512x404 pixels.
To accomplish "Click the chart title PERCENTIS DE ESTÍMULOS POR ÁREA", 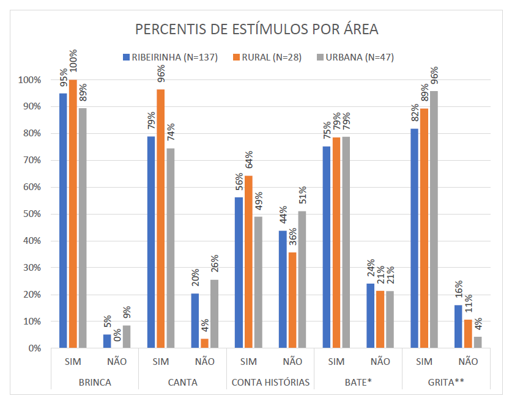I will (x=256, y=29).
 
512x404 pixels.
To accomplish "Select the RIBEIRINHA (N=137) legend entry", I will (x=163, y=57).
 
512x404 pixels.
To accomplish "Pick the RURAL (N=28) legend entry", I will (x=264, y=57).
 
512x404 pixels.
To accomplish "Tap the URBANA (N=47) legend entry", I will (x=354, y=57).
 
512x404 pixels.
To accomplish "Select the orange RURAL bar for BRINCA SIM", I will (x=73, y=214).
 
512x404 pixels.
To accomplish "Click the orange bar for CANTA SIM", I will (x=161, y=219).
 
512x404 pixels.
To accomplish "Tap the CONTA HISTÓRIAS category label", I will (x=270, y=383).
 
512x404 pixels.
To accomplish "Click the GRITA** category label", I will (x=446, y=383).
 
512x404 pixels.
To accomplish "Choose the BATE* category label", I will (x=358, y=383).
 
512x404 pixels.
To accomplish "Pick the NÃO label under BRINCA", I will (x=117, y=361).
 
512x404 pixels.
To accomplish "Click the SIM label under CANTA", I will (x=161, y=361).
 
